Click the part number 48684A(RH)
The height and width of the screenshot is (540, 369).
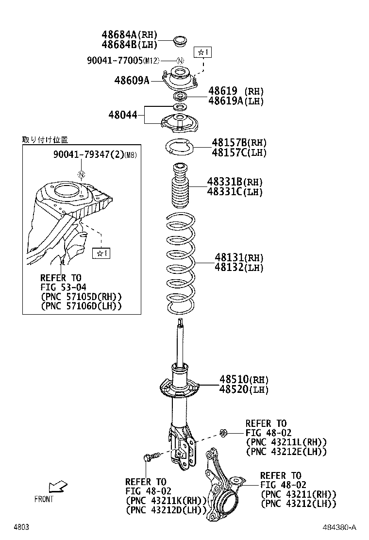click(x=130, y=35)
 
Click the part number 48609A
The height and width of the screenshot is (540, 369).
click(x=132, y=80)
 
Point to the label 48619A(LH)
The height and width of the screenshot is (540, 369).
click(x=236, y=101)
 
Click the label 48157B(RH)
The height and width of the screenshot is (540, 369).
click(x=239, y=143)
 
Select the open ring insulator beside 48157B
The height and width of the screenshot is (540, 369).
click(x=180, y=146)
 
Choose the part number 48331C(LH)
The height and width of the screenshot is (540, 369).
click(x=235, y=192)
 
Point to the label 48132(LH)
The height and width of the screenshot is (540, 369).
click(x=239, y=267)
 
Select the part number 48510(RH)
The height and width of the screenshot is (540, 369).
click(x=244, y=379)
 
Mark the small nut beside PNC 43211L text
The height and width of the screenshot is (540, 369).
click(x=223, y=432)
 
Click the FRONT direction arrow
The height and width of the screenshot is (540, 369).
click(x=58, y=486)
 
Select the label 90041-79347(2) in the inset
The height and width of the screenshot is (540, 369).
click(x=88, y=155)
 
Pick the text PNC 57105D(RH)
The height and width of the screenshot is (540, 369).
click(x=81, y=296)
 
